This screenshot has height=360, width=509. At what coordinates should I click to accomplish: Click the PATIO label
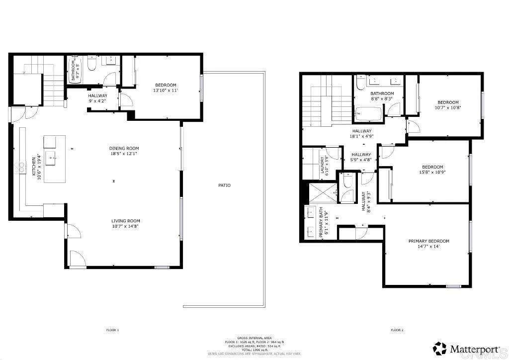(224, 185)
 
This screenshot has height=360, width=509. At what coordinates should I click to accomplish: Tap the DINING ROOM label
(124, 148)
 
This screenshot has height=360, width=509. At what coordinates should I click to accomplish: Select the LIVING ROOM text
(125, 221)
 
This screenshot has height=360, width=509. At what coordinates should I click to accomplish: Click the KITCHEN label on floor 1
(34, 167)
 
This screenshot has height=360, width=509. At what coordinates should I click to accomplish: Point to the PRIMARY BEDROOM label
(428, 241)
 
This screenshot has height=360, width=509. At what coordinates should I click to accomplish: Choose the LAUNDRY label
(322, 165)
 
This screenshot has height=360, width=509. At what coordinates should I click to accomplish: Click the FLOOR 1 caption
(112, 330)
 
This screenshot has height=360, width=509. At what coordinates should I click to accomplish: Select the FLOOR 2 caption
(396, 330)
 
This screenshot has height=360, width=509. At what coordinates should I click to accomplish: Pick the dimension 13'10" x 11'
(165, 90)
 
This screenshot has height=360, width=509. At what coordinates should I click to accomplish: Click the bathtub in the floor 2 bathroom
(368, 115)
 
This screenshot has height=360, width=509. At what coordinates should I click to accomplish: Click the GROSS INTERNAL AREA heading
(254, 338)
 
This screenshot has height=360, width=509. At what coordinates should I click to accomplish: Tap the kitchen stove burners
(21, 167)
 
